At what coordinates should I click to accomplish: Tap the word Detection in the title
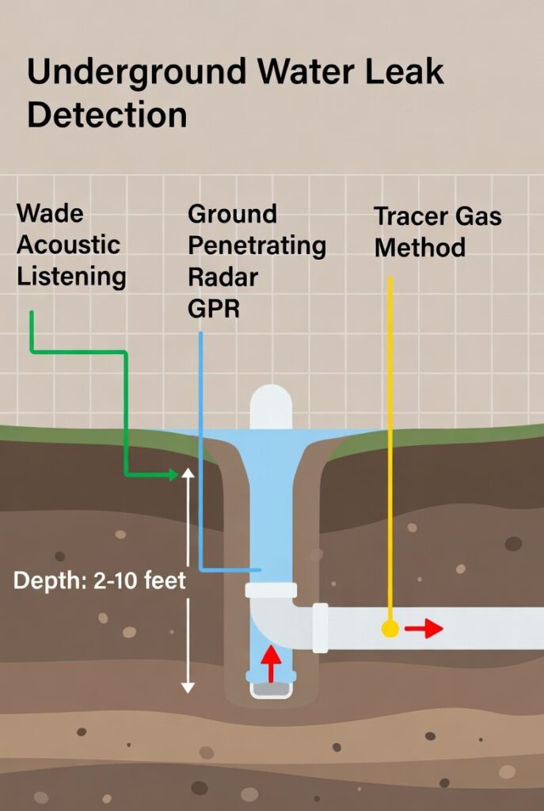pyautogui.click(x=107, y=115)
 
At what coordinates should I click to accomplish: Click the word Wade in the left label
pyautogui.click(x=50, y=213)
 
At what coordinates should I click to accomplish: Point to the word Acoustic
pyautogui.click(x=68, y=245)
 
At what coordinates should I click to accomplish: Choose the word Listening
pyautogui.click(x=71, y=276)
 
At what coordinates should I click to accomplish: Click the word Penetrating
pyautogui.click(x=257, y=246)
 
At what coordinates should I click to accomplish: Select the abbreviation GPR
pyautogui.click(x=214, y=308)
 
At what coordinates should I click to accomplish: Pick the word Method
pyautogui.click(x=420, y=248)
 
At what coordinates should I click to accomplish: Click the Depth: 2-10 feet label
pyautogui.click(x=100, y=581)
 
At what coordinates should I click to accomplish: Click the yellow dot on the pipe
pyautogui.click(x=390, y=629)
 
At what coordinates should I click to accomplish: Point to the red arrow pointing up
pyautogui.click(x=271, y=664)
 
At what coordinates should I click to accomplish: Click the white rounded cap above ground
pyautogui.click(x=271, y=407)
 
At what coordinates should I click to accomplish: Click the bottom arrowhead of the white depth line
pyautogui.click(x=188, y=687)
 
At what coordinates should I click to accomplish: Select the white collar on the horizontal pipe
pyautogui.click(x=320, y=627)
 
